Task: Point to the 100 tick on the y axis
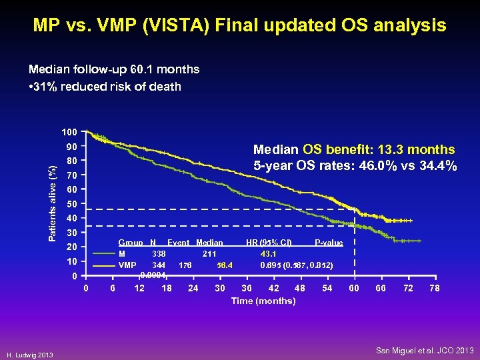(x=71, y=132)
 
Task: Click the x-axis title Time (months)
(x=263, y=301)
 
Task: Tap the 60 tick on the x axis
(x=354, y=288)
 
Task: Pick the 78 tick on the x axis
(x=435, y=288)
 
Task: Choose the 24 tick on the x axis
(x=193, y=288)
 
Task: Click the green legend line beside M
(x=104, y=253)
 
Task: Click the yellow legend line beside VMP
(x=104, y=265)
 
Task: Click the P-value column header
(x=329, y=243)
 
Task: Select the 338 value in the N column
(x=159, y=253)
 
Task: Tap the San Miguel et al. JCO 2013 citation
(x=425, y=350)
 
